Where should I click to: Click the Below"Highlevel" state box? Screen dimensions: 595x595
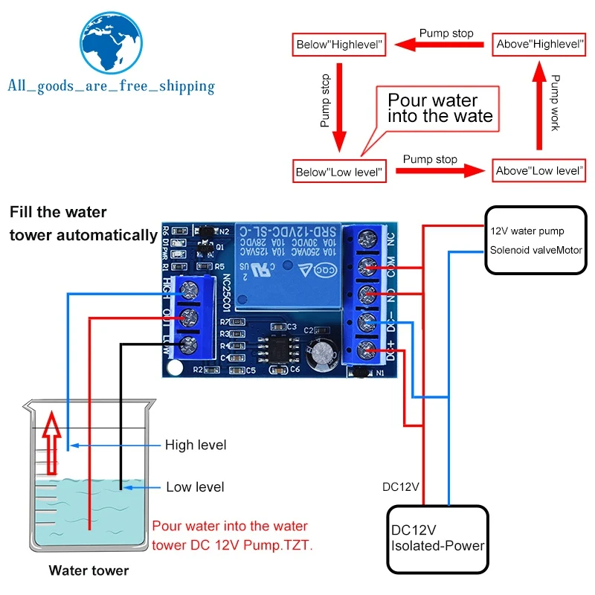pos(339,45)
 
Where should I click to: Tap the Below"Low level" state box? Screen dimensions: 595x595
pos(339,172)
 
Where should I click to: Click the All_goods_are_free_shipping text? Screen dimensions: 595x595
pos(111,86)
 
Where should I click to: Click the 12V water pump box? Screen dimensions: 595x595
pos(534,239)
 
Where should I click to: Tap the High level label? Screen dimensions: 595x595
pos(196,445)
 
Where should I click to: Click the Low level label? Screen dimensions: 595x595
pos(195,487)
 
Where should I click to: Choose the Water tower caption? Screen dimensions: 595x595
pos(89,571)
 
